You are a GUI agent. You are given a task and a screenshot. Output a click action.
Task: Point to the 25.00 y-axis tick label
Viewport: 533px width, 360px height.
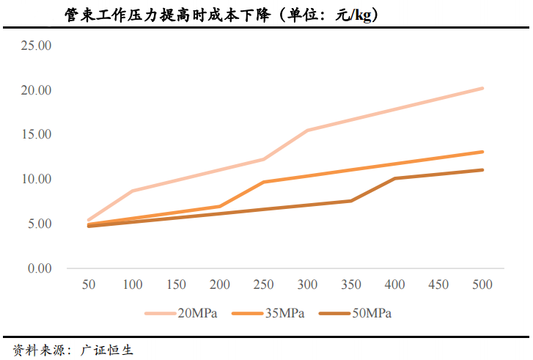tap(36, 45)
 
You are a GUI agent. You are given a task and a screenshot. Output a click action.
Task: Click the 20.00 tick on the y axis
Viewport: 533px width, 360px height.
tap(36, 90)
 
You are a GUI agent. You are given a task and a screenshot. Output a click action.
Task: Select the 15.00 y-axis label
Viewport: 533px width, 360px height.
tap(36, 135)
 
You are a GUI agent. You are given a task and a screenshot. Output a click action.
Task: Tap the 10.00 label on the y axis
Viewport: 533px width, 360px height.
tap(36, 179)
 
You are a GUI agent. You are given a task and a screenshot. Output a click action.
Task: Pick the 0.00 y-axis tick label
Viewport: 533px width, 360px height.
tap(39, 268)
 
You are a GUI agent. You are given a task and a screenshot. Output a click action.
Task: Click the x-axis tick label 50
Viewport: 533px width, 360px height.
tap(89, 284)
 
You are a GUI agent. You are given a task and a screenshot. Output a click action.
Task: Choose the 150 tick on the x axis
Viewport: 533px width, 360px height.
tap(176, 284)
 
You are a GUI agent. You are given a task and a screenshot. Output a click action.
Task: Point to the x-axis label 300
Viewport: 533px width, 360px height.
tap(307, 284)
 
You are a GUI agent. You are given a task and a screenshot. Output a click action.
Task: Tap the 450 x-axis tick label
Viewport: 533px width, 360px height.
tap(438, 284)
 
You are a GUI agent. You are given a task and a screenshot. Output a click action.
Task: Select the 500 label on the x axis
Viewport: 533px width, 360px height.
tap(482, 284)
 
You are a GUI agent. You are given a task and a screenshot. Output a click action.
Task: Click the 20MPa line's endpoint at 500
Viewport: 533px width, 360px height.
tap(482, 88)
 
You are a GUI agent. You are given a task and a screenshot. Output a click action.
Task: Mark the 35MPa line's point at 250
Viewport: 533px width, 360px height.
tap(263, 182)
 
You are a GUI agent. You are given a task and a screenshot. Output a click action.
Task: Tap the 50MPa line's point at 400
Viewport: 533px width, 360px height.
tap(394, 178)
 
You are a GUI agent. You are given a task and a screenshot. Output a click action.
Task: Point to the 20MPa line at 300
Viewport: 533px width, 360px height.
tap(307, 131)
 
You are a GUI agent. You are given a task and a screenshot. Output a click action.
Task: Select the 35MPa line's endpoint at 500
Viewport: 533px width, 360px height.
tap(482, 152)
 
